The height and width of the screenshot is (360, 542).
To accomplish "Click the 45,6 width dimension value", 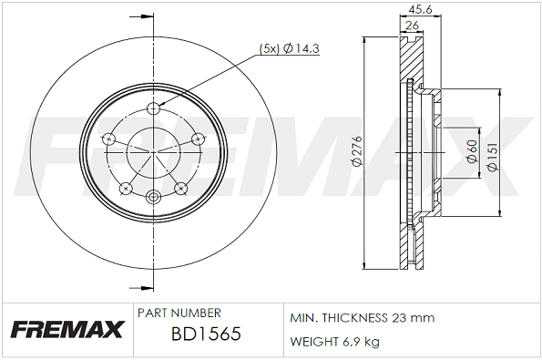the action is (420, 10).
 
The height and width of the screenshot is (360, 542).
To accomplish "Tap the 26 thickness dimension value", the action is (412, 26).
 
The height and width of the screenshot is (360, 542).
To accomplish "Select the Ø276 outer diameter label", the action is (357, 151).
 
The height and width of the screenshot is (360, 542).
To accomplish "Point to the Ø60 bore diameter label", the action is (472, 151).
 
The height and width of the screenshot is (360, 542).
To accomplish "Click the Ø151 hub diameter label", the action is (492, 157).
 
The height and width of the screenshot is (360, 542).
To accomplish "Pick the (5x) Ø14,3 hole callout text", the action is (289, 49).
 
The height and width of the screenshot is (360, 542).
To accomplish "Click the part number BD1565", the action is (206, 334).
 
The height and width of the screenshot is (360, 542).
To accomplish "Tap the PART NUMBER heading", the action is (179, 313).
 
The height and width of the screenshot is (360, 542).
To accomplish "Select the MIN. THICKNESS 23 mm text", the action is (362, 317).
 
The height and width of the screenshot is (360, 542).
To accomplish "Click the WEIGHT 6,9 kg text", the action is (334, 342).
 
